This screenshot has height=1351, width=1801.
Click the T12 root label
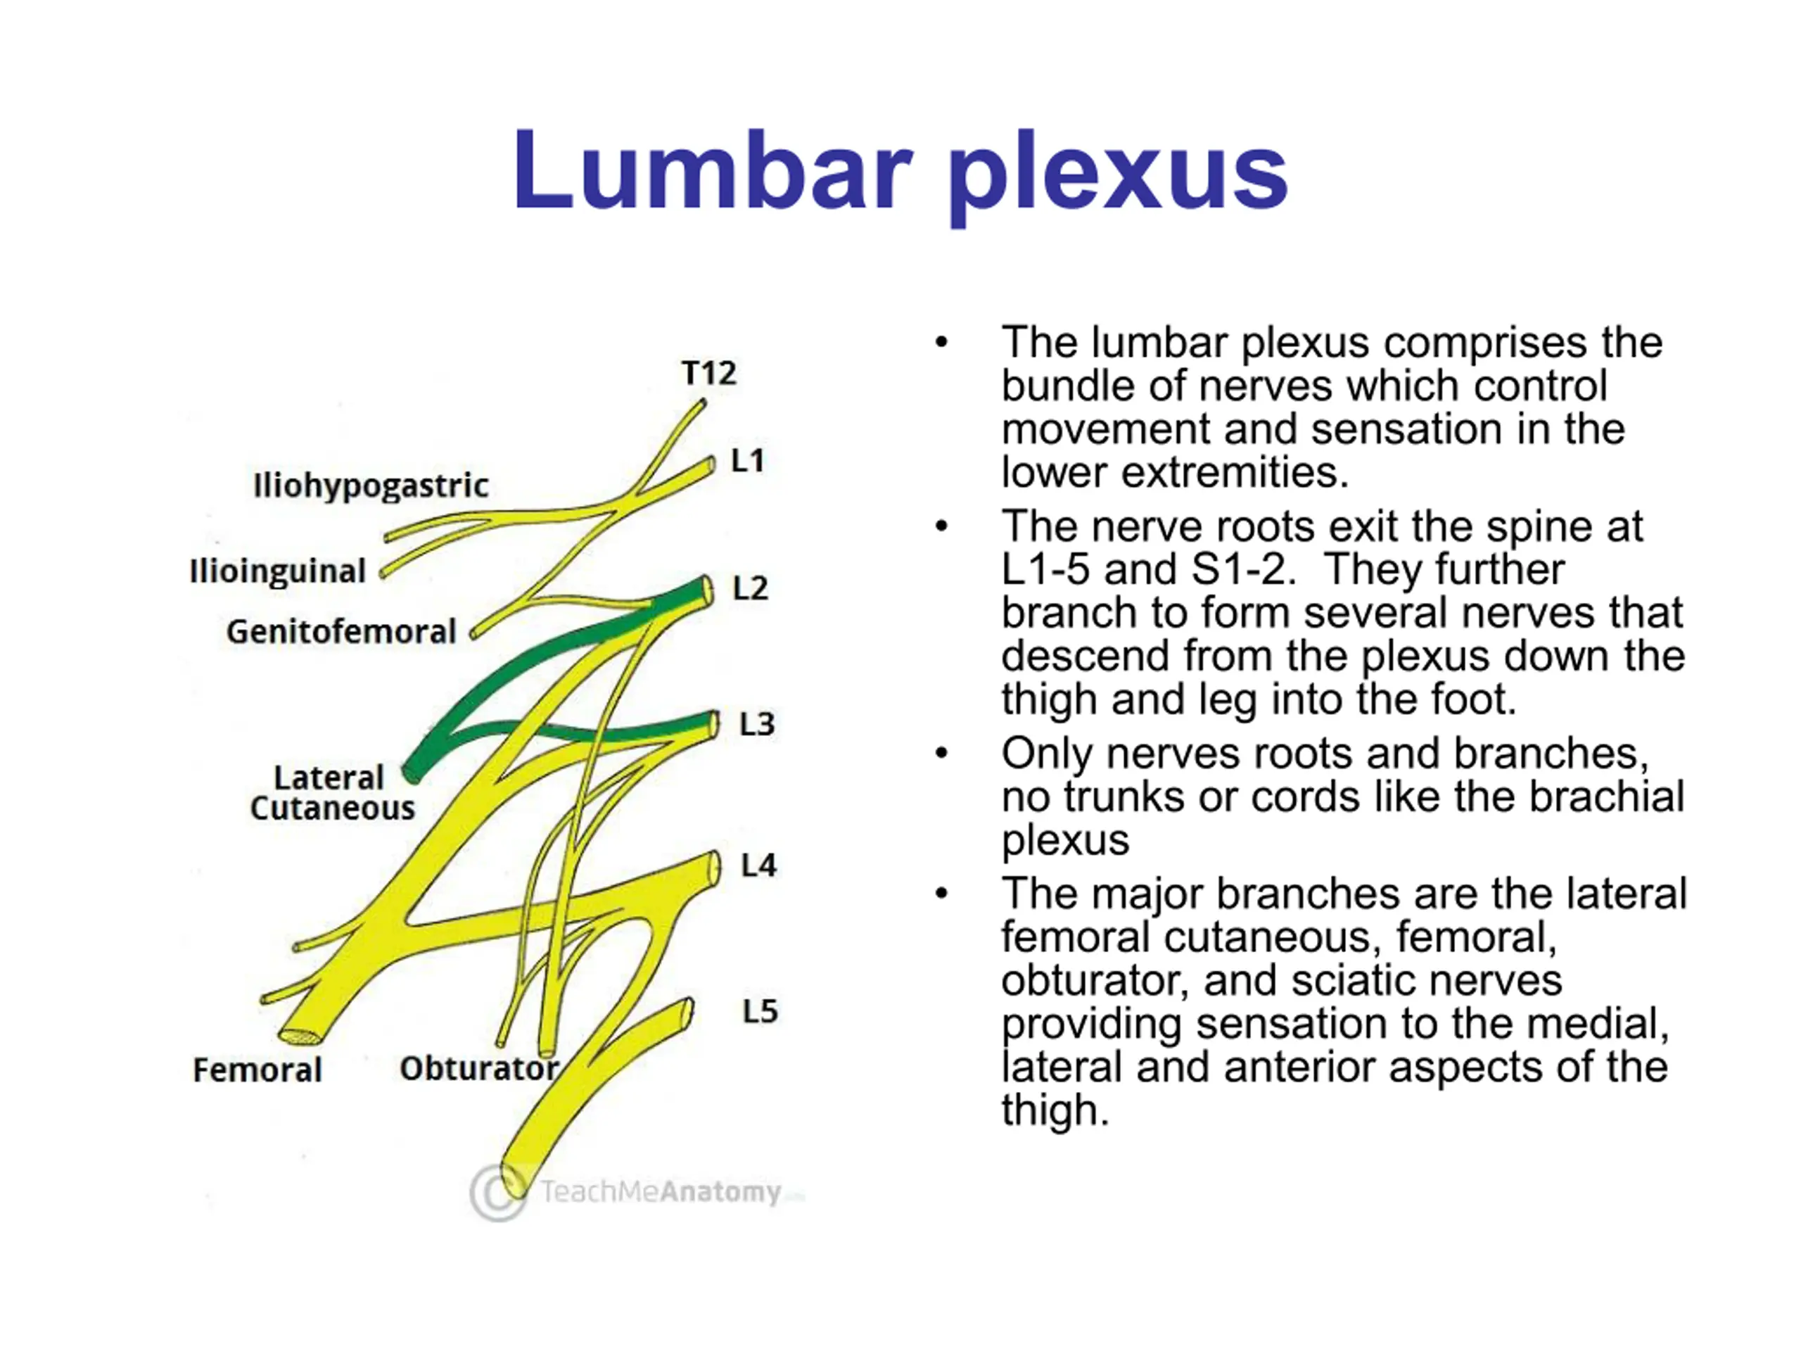pos(708,373)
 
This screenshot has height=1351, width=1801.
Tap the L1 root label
pos(747,461)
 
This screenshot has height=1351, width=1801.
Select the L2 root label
pos(750,588)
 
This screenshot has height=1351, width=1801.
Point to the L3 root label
pos(756,724)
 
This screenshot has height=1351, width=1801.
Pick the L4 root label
pos(758,865)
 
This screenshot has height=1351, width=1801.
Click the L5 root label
pos(760,1011)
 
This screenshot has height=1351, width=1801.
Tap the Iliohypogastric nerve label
pos(371,486)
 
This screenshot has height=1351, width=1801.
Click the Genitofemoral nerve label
pos(341,632)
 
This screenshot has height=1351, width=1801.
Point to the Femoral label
pos(257,1070)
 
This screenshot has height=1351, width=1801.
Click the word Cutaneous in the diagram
pos(332,808)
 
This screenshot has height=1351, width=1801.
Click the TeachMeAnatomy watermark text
pos(661,1192)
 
